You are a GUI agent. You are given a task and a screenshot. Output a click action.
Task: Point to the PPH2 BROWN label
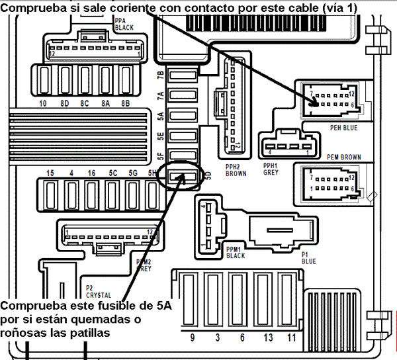click(x=236, y=169)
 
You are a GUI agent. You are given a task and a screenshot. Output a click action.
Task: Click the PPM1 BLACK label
click(x=235, y=252)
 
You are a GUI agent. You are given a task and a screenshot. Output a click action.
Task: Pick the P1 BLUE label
click(x=308, y=257)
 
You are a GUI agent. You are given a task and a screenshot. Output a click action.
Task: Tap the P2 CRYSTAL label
click(x=98, y=291)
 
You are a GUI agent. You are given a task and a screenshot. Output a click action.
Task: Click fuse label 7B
click(x=160, y=75)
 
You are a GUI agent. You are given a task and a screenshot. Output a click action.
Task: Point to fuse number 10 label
click(x=42, y=104)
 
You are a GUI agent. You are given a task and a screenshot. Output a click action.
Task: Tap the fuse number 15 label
click(x=50, y=173)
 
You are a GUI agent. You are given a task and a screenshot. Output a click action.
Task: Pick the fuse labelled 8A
click(x=106, y=104)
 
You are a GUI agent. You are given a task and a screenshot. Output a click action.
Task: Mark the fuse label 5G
click(x=134, y=173)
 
